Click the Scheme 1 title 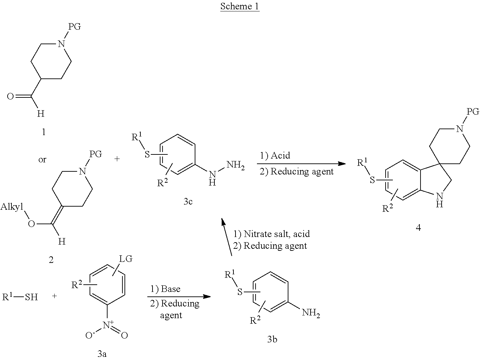click(x=240, y=6)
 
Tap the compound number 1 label click(x=43, y=132)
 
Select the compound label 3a click(x=101, y=353)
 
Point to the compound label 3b click(x=272, y=339)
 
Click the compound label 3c click(x=188, y=201)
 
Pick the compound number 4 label click(x=418, y=228)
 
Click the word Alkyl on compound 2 click(x=12, y=207)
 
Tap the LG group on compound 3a click(x=126, y=259)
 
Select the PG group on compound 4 click(x=473, y=112)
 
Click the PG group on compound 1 click(x=75, y=26)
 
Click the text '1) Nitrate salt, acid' click(x=271, y=234)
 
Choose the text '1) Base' click(x=165, y=288)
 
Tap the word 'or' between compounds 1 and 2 click(x=42, y=160)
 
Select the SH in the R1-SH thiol click(x=31, y=297)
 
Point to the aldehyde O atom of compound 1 click(x=11, y=96)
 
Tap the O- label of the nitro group click(x=89, y=334)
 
